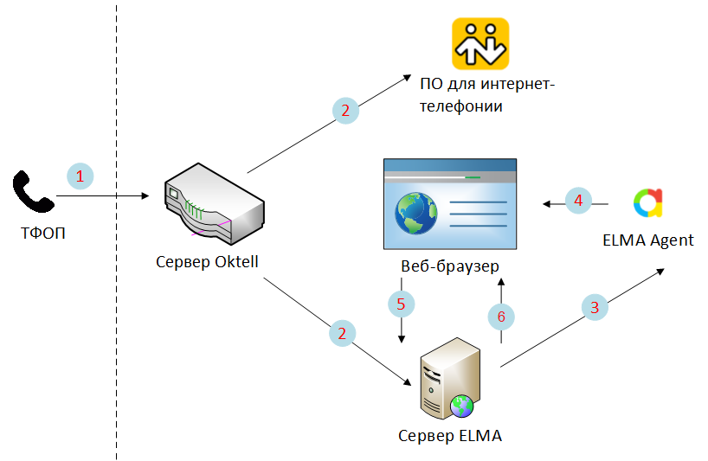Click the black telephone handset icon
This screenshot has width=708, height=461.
pos(33,191)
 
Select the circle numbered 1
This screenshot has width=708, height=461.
pos(80,176)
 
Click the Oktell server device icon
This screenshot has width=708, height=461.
pos(214,205)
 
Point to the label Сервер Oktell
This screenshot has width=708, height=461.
pos(207,261)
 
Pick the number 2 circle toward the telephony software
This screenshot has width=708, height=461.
pos(345,110)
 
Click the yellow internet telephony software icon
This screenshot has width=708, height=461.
pos(480,43)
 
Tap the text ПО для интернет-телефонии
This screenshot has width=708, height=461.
pos(486,95)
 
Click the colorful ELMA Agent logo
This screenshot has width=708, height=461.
pos(647,202)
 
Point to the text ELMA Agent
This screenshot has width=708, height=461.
pos(647,240)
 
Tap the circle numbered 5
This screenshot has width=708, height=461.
pos(401,304)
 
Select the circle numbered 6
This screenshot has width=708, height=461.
pos(501,317)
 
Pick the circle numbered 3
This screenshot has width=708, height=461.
pos(594,307)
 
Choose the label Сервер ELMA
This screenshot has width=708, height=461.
pos(449,435)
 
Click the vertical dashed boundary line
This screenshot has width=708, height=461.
pos(117,346)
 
